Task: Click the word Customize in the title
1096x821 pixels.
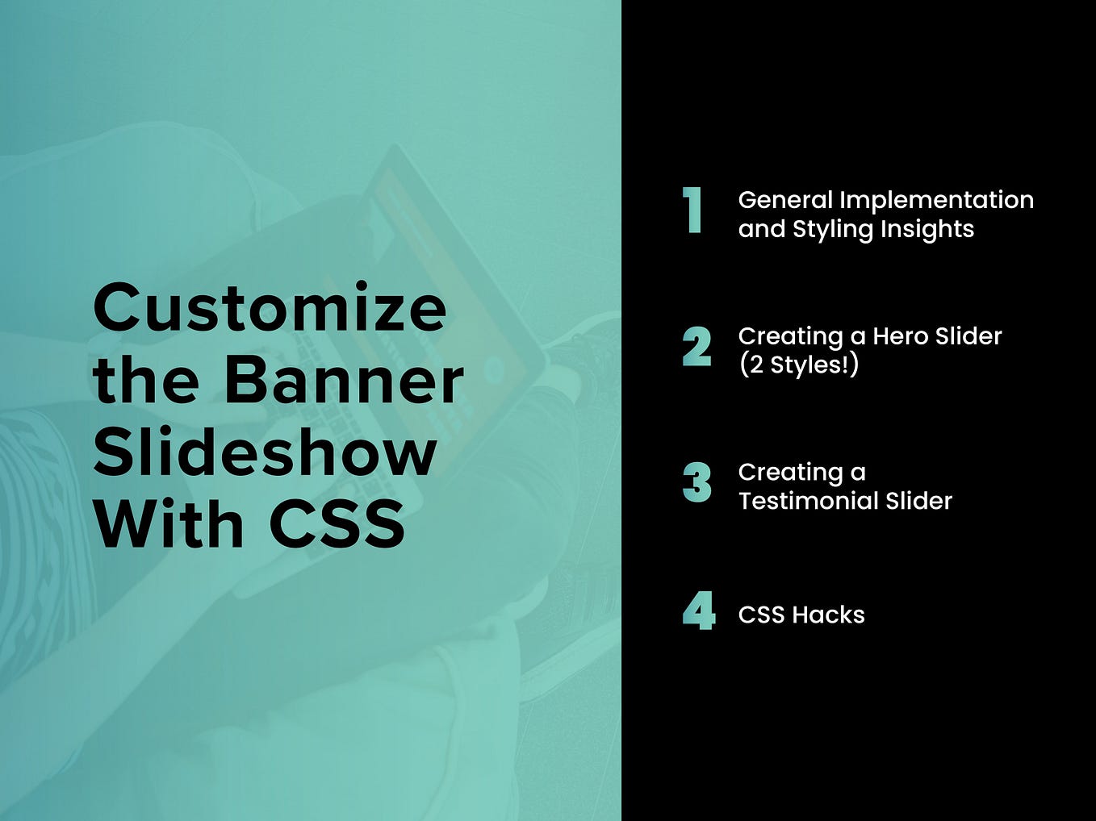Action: (270, 308)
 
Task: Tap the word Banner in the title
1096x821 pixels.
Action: (344, 380)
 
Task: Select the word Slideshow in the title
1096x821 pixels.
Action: (265, 452)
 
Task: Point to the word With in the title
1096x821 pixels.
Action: (168, 523)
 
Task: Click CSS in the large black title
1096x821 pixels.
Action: (337, 523)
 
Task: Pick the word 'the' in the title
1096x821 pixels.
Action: (145, 380)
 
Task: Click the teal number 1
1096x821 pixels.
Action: (692, 210)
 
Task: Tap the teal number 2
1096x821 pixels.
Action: (697, 347)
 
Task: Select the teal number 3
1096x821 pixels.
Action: (697, 483)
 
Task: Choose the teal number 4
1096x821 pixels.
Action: (698, 611)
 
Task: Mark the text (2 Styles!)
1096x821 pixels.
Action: (798, 365)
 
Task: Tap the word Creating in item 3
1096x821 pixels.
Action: (790, 472)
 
